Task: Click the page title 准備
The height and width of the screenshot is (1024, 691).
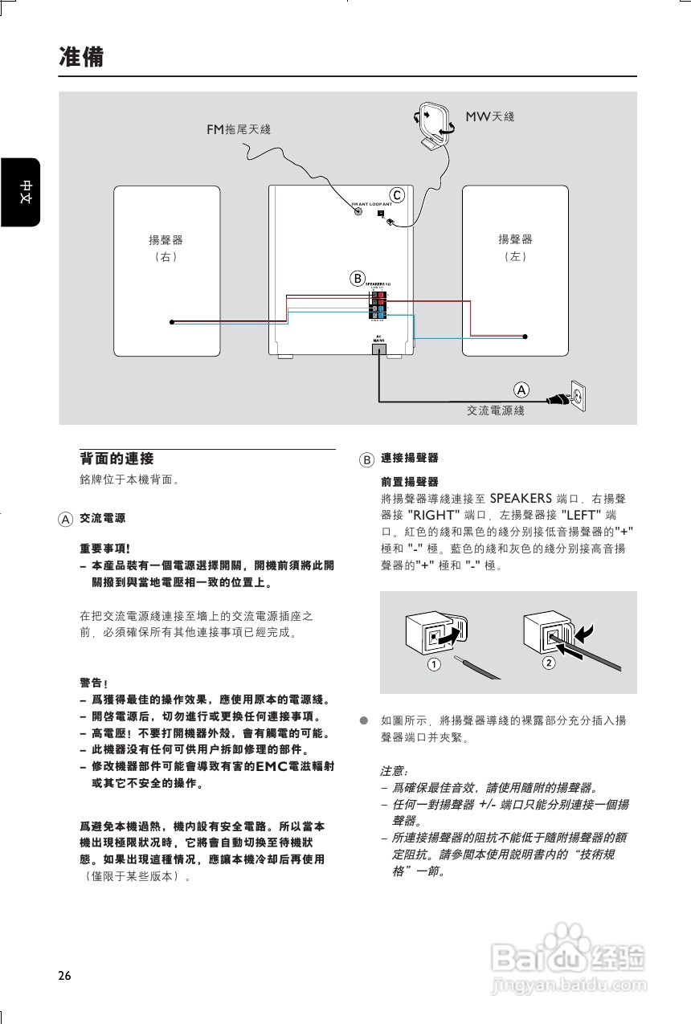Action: point(81,57)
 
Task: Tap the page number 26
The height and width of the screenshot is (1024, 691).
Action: point(64,976)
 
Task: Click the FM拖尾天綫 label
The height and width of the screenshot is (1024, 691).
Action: point(239,129)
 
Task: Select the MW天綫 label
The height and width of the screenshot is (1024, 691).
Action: point(490,116)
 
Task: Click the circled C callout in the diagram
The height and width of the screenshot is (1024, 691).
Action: point(396,195)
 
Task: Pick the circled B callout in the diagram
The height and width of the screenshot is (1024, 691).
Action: point(357,279)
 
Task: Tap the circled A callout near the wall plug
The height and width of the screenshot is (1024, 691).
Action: point(521,390)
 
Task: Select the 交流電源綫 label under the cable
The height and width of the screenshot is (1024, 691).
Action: point(496,410)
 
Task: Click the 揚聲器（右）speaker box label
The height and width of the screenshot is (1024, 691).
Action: point(166,247)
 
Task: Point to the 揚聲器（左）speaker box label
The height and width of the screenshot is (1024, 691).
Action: point(515,247)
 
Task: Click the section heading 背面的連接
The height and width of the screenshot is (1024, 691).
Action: point(117,459)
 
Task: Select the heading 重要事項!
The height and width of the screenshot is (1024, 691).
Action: point(105,549)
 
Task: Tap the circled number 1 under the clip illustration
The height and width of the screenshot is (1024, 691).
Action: point(433,664)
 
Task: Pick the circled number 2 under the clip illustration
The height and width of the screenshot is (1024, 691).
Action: point(549,663)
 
